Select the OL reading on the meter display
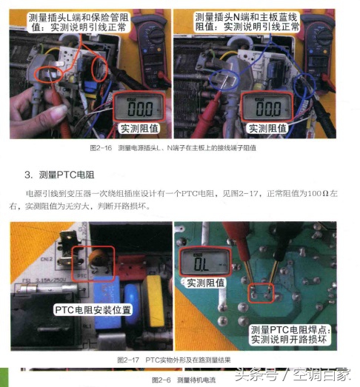click(x=201, y=262)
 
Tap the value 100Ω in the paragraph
click(x=318, y=193)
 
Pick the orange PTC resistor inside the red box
click(x=98, y=260)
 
